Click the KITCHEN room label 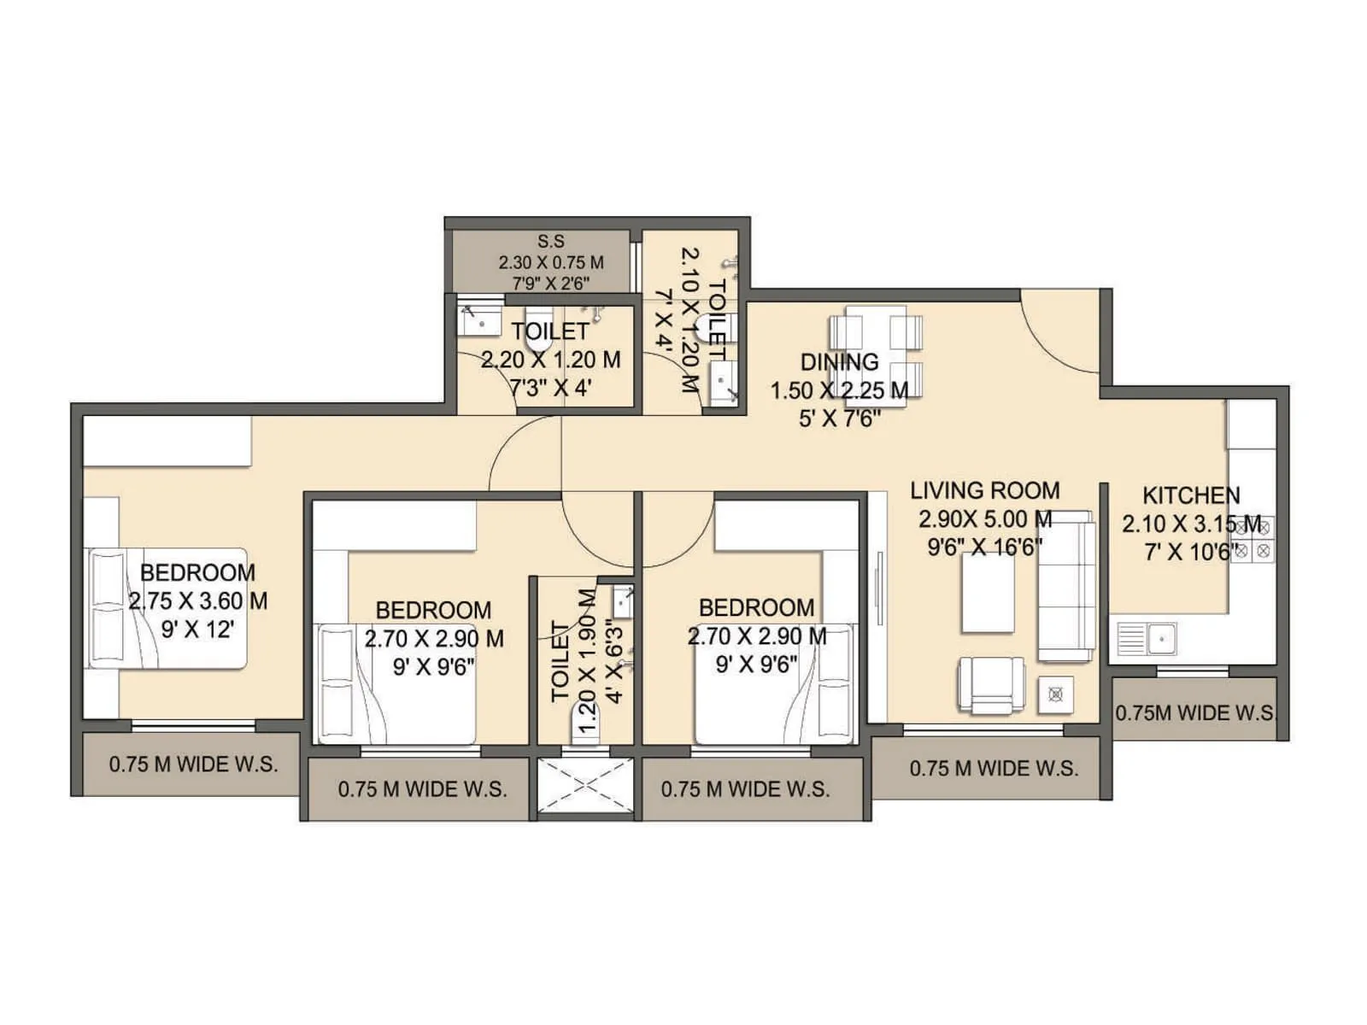click(1191, 495)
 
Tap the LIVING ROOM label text click(984, 490)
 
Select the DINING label click(839, 362)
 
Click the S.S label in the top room click(551, 242)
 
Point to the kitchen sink click(1148, 638)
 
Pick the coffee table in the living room click(988, 593)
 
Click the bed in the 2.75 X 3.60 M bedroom click(167, 608)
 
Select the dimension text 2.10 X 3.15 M click(1191, 524)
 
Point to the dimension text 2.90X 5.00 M click(984, 518)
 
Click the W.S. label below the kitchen click(1194, 712)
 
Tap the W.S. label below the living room click(993, 768)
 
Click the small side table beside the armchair click(1056, 694)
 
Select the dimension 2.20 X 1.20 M click(551, 360)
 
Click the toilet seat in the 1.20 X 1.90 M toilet click(586, 730)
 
